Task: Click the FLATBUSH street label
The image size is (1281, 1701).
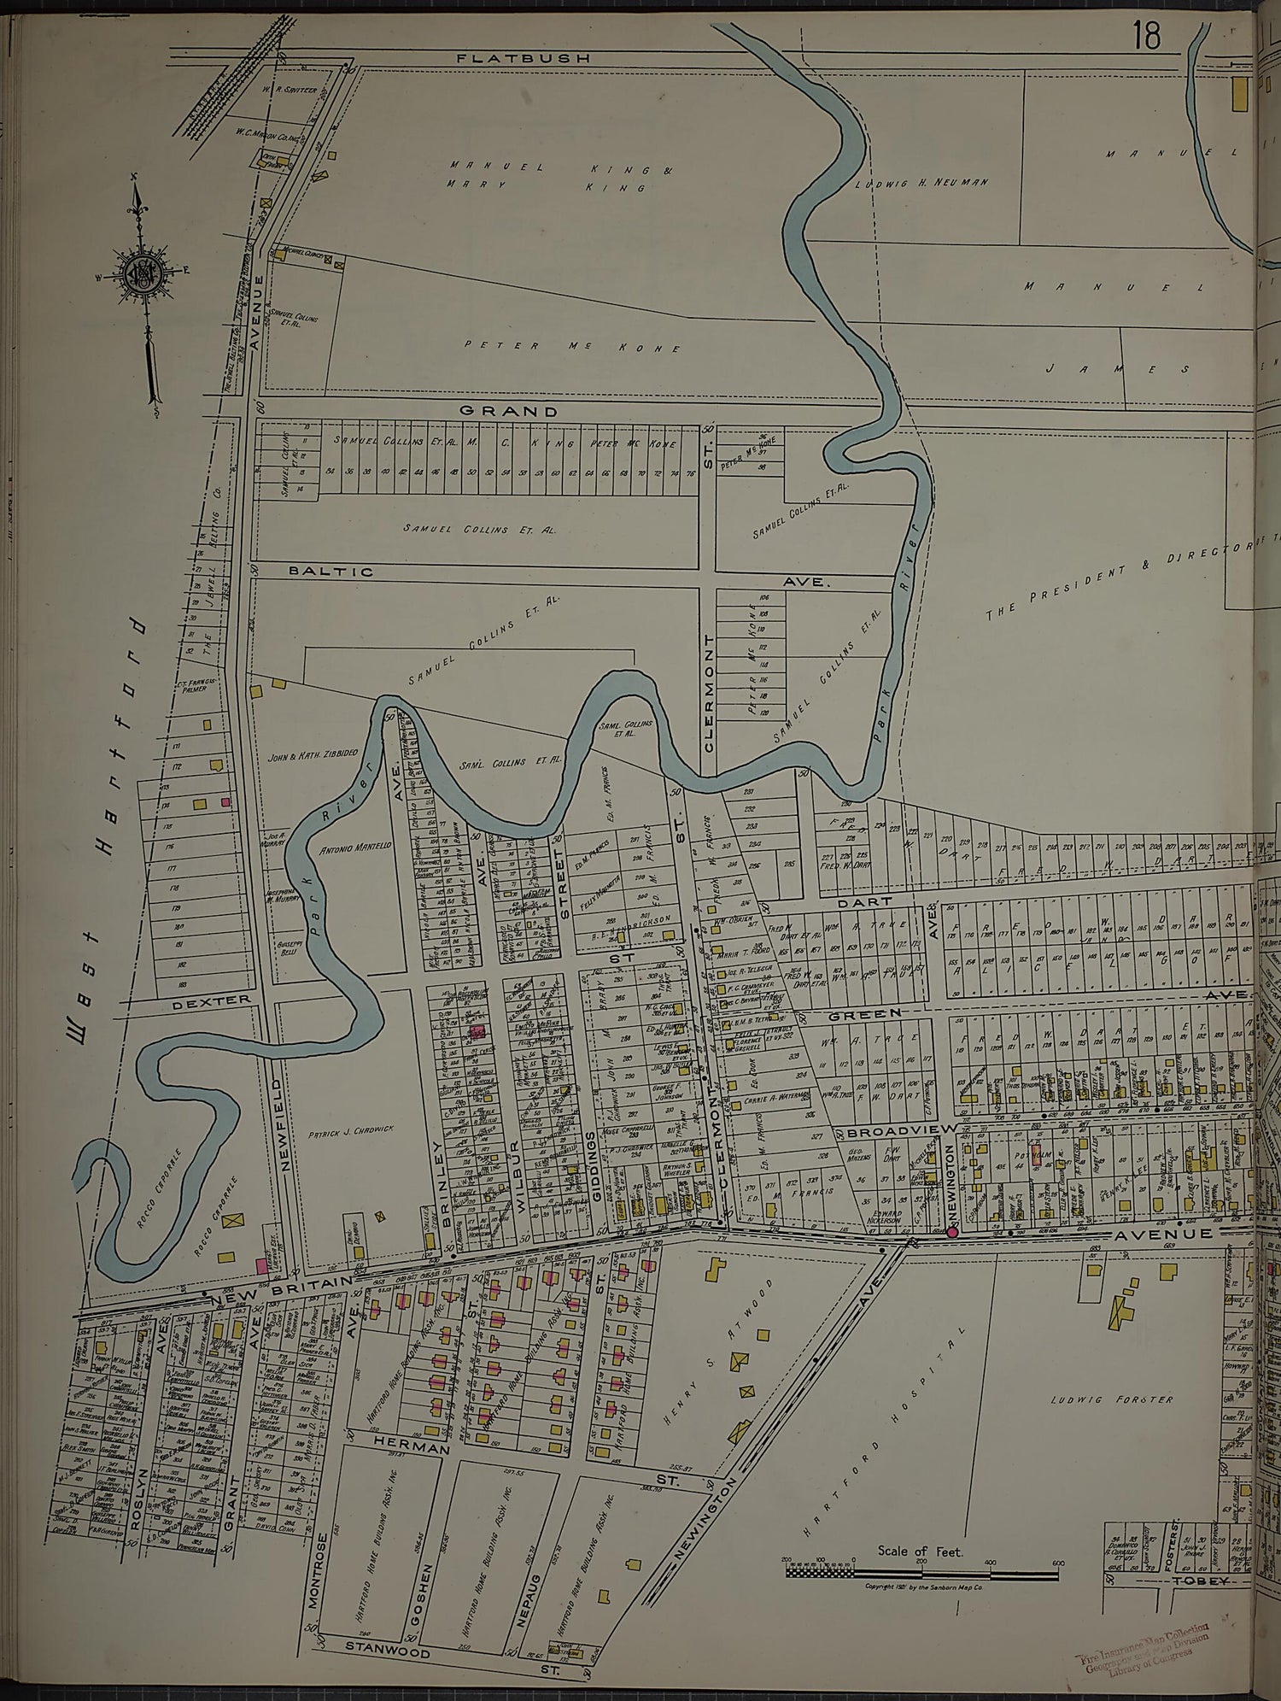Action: click(x=523, y=59)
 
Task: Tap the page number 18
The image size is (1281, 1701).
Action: click(x=1146, y=37)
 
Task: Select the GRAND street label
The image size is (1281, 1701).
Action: click(x=509, y=411)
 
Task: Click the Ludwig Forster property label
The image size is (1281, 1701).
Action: click(x=1107, y=1399)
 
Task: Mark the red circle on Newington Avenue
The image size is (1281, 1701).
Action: click(x=951, y=1232)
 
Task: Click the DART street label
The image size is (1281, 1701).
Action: click(x=869, y=901)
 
